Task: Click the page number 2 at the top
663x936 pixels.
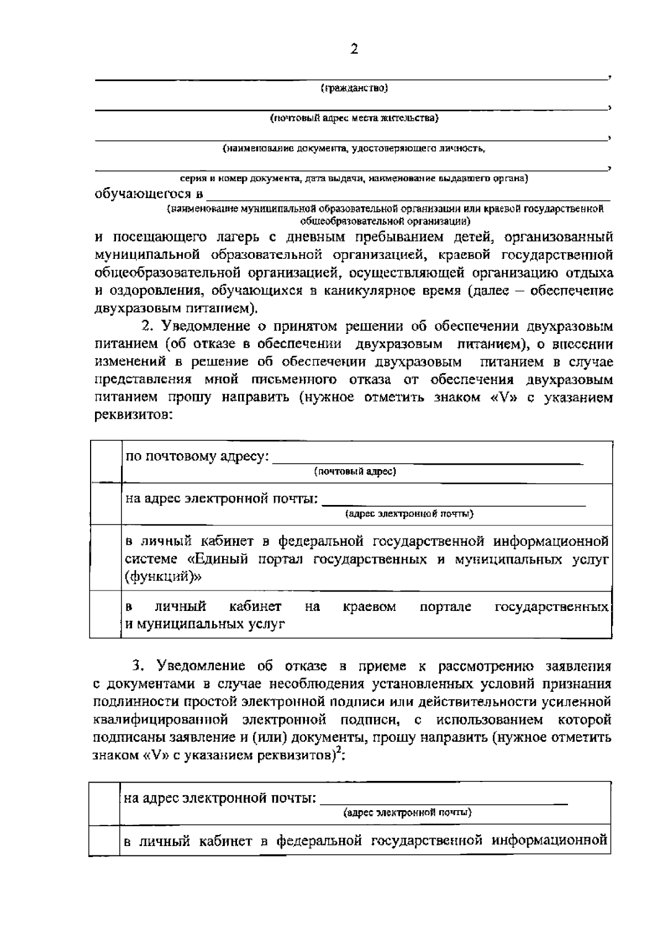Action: (x=354, y=50)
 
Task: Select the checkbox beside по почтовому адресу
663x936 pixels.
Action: (x=106, y=462)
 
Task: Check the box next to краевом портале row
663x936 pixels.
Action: (x=106, y=614)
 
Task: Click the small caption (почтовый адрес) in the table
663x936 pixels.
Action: (x=355, y=472)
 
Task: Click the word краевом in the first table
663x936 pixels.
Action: (x=369, y=607)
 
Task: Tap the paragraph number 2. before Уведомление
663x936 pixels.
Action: (x=148, y=326)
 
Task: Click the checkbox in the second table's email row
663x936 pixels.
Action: (x=104, y=804)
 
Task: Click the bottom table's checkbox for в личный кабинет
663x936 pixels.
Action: (x=104, y=840)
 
